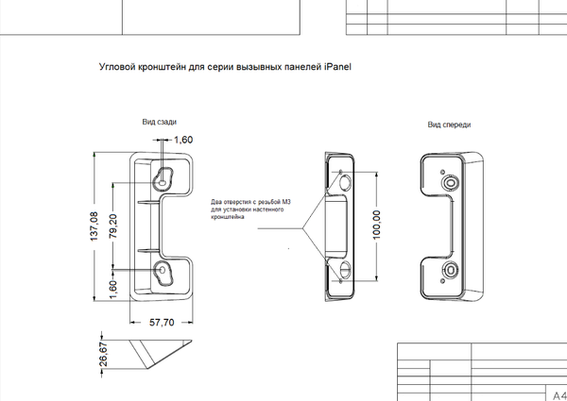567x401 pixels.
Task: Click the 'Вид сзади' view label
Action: pos(160,122)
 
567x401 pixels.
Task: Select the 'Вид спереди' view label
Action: pos(449,125)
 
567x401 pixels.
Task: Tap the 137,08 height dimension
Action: pos(94,226)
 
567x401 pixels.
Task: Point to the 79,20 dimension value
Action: pos(113,226)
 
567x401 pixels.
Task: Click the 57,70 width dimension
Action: pos(162,323)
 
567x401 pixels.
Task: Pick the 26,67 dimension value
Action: pos(103,354)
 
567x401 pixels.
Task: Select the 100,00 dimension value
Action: pos(376,225)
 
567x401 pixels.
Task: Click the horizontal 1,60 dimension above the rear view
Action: pos(183,140)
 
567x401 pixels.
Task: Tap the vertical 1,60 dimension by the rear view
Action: pos(112,290)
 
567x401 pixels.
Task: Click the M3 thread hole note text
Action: pos(250,209)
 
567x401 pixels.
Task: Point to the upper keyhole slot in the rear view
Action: pos(163,179)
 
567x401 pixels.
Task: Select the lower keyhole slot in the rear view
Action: pos(163,273)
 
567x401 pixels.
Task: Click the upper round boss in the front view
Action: pos(450,182)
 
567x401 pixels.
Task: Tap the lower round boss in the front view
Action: pos(451,270)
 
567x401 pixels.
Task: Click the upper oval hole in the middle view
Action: pos(346,183)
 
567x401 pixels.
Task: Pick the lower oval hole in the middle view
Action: pos(346,269)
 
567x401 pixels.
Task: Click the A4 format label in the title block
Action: pos(559,395)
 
